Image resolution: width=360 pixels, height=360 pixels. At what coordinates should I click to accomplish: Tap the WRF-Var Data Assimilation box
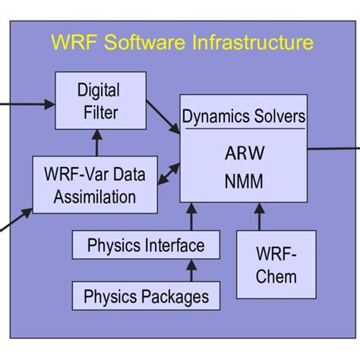[x=95, y=185]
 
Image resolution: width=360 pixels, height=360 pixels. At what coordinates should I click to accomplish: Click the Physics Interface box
[x=145, y=245]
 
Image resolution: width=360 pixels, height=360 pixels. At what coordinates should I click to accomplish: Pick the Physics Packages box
[x=145, y=295]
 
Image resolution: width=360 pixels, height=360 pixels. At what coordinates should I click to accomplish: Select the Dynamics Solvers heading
[x=244, y=117]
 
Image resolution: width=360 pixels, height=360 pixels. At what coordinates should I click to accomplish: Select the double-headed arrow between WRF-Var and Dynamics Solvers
[x=169, y=175]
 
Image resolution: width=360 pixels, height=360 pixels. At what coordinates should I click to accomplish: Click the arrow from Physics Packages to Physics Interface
[x=191, y=270]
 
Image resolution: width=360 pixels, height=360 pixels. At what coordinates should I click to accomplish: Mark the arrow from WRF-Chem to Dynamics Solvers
[x=259, y=217]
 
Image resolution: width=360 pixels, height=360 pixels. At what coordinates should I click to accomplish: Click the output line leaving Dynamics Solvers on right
[x=333, y=148]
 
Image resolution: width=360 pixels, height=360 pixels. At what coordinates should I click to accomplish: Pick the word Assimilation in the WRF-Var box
[x=95, y=197]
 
